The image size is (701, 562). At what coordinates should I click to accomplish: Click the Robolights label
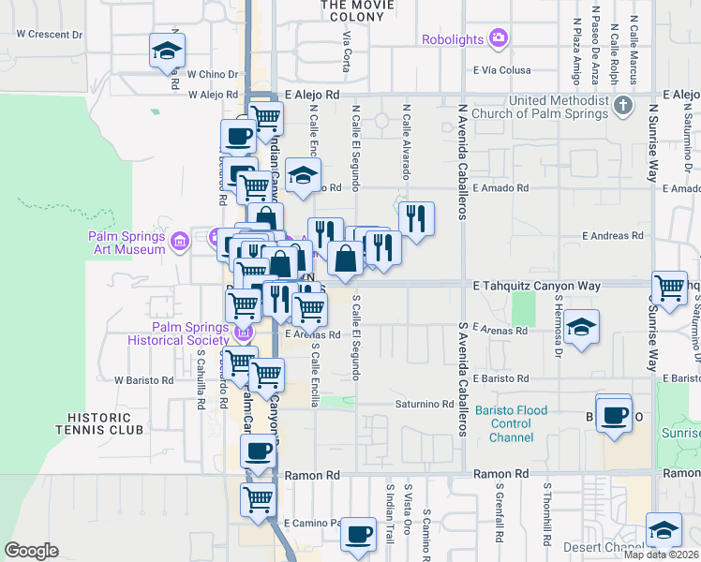[453, 39]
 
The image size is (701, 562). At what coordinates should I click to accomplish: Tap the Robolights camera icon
[499, 38]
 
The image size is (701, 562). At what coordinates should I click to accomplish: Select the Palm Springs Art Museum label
[127, 243]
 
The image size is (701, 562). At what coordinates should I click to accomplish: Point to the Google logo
[31, 550]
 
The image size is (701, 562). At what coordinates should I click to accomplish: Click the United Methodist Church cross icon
[625, 108]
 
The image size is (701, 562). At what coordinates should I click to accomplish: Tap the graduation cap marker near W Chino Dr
[167, 52]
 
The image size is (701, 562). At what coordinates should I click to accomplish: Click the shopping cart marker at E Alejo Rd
[266, 117]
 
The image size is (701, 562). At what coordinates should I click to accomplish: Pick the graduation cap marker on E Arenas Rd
[581, 328]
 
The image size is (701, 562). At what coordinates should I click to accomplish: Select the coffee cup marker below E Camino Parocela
[356, 535]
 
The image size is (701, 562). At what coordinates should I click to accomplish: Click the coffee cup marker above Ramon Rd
[258, 451]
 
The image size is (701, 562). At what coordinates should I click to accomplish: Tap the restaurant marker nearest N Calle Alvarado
[416, 219]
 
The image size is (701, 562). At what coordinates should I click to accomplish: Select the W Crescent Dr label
[50, 34]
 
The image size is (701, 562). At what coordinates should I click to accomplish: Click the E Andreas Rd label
[615, 235]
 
